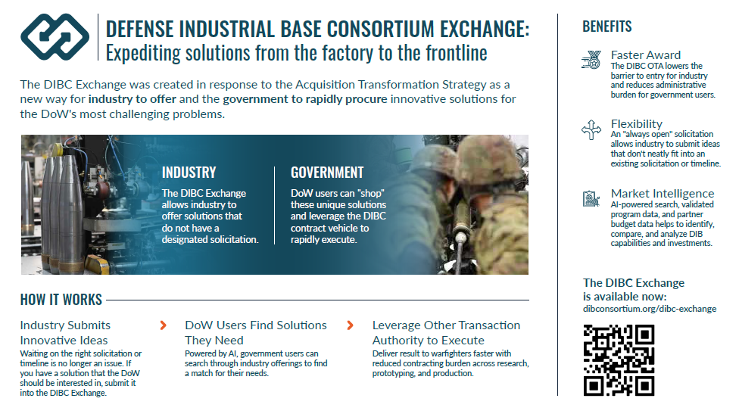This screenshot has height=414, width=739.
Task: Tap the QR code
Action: point(619,360)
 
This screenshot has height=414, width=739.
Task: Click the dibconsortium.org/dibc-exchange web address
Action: point(650,309)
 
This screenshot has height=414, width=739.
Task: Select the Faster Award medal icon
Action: point(591,60)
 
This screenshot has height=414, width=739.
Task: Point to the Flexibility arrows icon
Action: point(591,129)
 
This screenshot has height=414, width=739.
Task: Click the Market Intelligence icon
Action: point(591,199)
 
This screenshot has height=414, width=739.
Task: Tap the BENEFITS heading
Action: point(607,26)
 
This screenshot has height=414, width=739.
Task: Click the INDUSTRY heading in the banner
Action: point(189,173)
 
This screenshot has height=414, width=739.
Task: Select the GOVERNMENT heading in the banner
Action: point(327,173)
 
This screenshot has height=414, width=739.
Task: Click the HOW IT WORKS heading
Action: point(61,300)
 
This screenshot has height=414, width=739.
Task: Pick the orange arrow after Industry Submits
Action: point(163,325)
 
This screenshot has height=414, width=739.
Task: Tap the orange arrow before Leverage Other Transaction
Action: point(350,325)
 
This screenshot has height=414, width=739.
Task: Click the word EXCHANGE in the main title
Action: point(485,29)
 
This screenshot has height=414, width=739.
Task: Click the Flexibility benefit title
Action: point(636,124)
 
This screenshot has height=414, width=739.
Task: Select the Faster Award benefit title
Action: point(646,55)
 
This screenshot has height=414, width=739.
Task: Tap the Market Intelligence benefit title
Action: point(663,194)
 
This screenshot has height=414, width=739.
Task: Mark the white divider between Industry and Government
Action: point(274,205)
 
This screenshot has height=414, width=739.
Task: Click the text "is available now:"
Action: point(625,297)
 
